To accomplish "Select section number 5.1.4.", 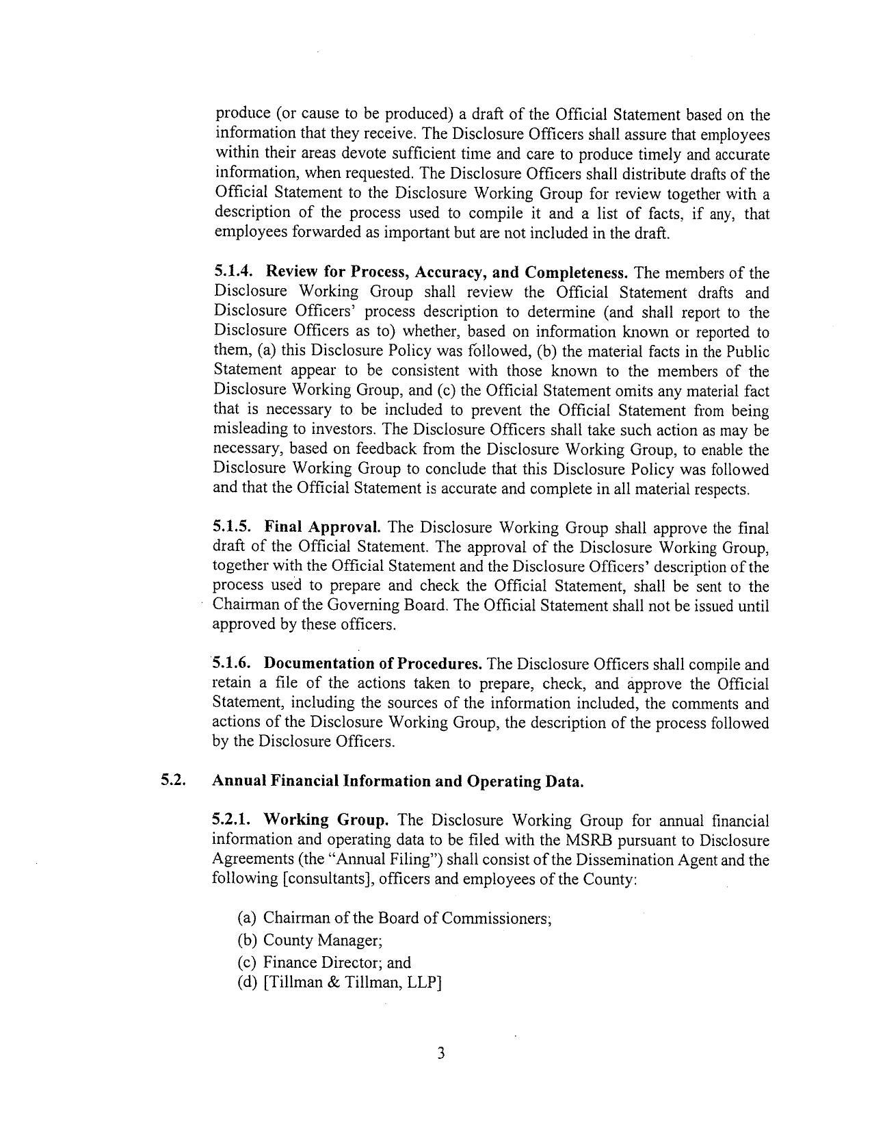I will click(234, 273).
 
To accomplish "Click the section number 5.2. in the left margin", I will click(174, 781).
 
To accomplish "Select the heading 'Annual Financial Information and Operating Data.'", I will click(398, 782).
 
